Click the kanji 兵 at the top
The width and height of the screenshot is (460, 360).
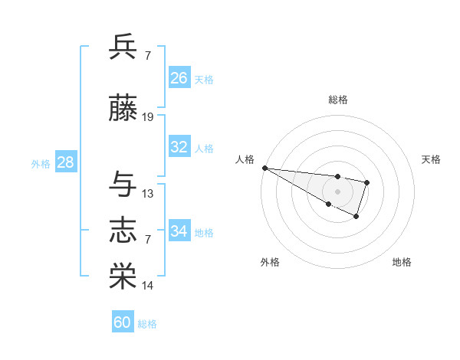(x=123, y=48)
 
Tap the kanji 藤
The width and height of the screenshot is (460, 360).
(x=123, y=109)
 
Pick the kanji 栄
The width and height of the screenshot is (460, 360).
(x=123, y=277)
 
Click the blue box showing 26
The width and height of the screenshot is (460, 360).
(x=179, y=78)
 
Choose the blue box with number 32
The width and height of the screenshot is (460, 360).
(x=179, y=147)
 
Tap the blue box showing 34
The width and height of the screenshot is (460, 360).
(x=179, y=231)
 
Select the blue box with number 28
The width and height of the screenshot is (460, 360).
(x=64, y=162)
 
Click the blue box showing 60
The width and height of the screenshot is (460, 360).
(x=123, y=322)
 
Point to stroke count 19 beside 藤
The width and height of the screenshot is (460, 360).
(x=148, y=117)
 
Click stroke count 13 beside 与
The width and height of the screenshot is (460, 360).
(x=148, y=194)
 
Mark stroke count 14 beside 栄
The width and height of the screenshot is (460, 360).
(x=148, y=286)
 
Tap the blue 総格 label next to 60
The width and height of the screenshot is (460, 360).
(x=147, y=324)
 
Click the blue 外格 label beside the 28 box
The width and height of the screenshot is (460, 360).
(x=41, y=164)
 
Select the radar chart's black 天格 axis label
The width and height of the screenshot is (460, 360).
(x=432, y=159)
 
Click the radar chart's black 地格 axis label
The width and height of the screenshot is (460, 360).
(x=402, y=262)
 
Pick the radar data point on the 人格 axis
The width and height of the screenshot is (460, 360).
(x=264, y=168)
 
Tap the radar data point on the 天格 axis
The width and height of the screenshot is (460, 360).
(x=367, y=182)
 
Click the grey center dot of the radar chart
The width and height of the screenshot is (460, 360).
(x=337, y=191)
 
